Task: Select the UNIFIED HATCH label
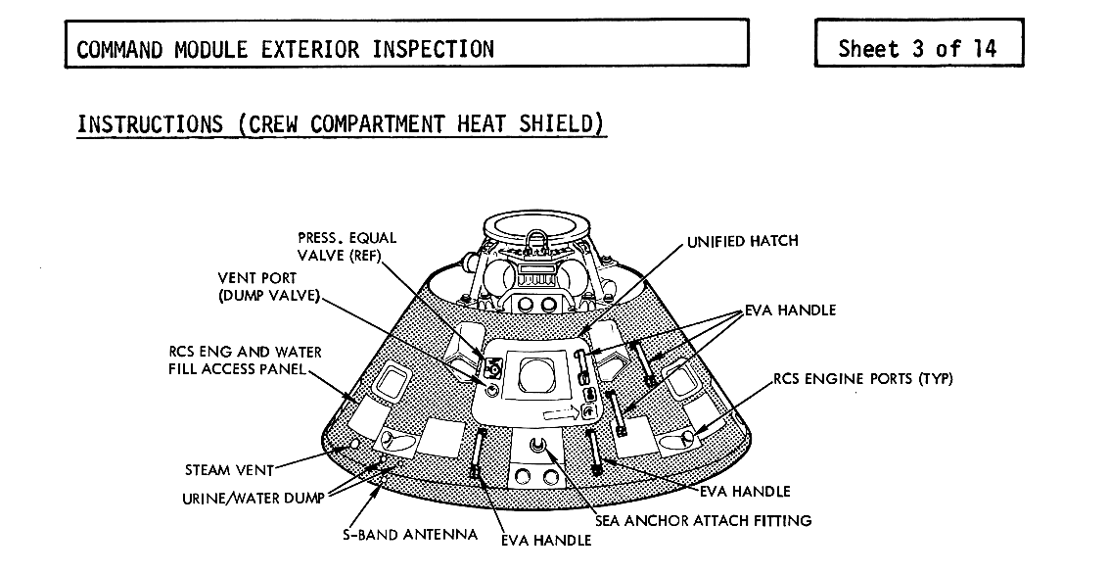point(742,241)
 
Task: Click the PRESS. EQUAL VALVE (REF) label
point(347,246)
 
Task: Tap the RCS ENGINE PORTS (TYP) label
point(862,379)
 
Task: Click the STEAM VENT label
point(229,470)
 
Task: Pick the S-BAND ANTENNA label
point(410,535)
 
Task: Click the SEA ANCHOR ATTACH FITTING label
point(703,520)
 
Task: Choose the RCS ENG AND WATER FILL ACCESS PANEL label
point(243,360)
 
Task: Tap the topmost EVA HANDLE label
point(790,311)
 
